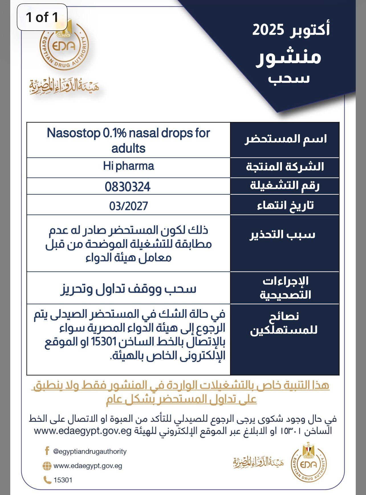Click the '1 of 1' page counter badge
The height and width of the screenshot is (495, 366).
pyautogui.click(x=42, y=17)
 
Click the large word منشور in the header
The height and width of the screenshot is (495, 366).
pyautogui.click(x=288, y=57)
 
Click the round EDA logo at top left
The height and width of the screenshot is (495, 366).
pyautogui.click(x=64, y=47)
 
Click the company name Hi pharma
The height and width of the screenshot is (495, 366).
pyautogui.click(x=129, y=166)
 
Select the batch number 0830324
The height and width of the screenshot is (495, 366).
pyautogui.click(x=128, y=187)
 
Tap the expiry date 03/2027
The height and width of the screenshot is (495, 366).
pyautogui.click(x=129, y=206)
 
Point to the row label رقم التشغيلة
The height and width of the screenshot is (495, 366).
pyautogui.click(x=285, y=186)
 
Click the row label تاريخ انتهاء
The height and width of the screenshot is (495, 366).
pyautogui.click(x=285, y=206)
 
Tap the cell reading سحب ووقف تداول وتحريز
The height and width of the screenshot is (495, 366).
pyautogui.click(x=129, y=289)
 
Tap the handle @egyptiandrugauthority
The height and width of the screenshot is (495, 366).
pyautogui.click(x=90, y=452)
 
